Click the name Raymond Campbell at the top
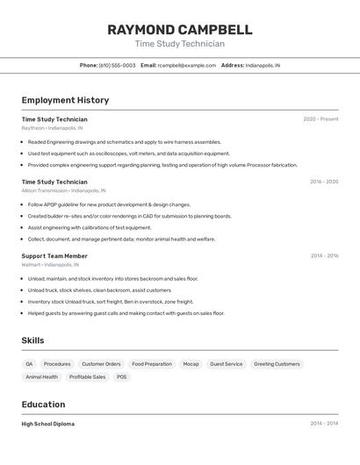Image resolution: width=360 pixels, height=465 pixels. (x=179, y=30)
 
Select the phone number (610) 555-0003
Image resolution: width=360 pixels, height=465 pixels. (x=117, y=65)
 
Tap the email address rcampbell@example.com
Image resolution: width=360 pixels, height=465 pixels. (x=186, y=65)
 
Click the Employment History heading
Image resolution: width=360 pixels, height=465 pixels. (x=65, y=100)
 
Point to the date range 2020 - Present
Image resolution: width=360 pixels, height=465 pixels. (x=320, y=118)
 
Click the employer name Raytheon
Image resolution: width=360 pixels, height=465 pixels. (x=33, y=128)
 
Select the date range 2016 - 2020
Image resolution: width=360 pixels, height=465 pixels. (x=324, y=182)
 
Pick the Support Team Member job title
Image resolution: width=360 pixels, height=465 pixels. (x=54, y=255)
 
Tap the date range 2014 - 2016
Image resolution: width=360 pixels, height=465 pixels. (x=324, y=255)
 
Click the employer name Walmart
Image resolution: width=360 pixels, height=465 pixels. (x=31, y=264)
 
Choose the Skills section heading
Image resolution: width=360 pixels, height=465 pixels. (x=32, y=340)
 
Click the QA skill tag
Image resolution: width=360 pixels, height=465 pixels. (x=29, y=363)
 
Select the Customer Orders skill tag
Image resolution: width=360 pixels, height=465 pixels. (x=101, y=363)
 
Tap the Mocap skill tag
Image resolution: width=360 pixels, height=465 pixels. (x=191, y=363)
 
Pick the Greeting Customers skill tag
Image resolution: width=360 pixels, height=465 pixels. (x=277, y=363)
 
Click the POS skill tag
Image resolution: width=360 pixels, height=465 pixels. (x=121, y=376)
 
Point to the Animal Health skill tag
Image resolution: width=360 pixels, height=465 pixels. (x=41, y=376)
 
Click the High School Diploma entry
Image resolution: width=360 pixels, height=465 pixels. (x=48, y=424)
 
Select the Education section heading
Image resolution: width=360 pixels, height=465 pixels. (x=43, y=404)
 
